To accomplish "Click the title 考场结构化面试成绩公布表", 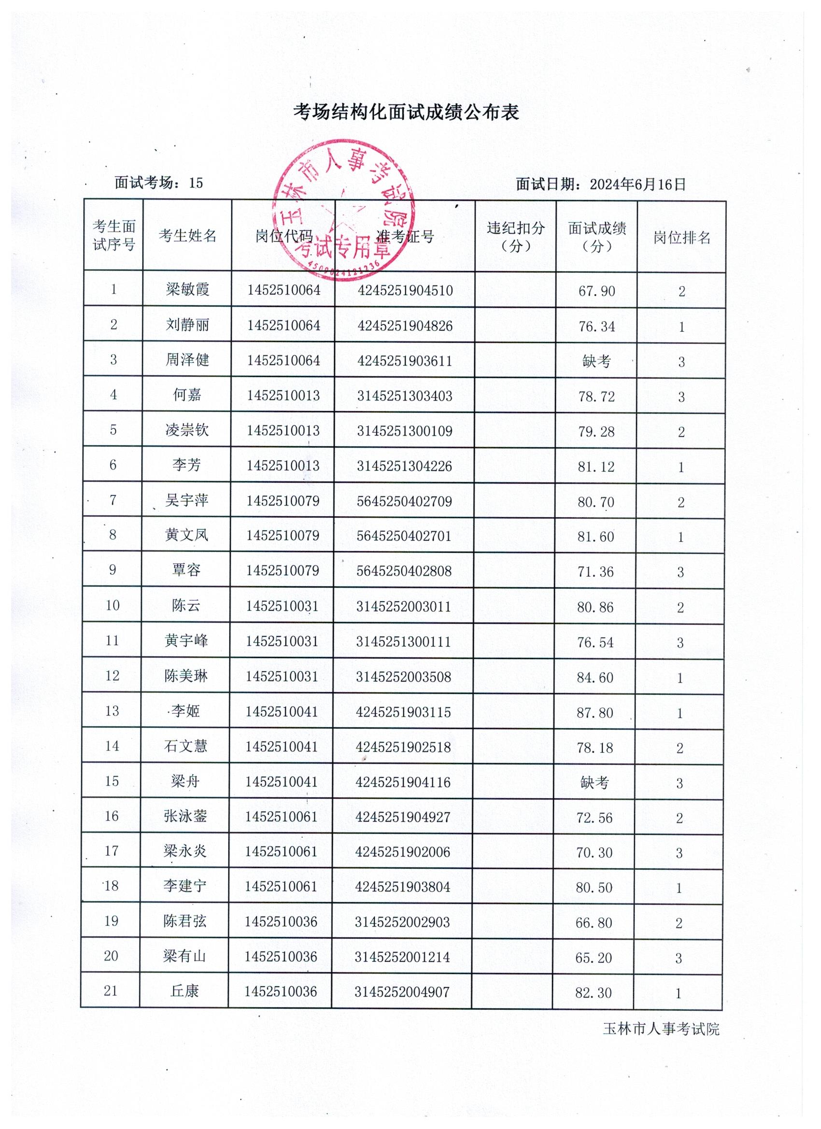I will (406, 113).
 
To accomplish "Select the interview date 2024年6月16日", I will (637, 184).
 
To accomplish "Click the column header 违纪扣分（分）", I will (515, 237).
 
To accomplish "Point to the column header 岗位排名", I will (681, 238).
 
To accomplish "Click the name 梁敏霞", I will (187, 289).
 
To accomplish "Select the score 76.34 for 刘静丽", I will (596, 326).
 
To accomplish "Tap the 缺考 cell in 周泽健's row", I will (596, 361).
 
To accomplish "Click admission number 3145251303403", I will (404, 396).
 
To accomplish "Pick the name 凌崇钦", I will (187, 430).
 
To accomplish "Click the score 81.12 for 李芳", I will (596, 467).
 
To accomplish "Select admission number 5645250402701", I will (404, 536).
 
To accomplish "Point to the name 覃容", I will (186, 570).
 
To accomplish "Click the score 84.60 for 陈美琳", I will (595, 677).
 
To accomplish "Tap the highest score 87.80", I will (595, 713).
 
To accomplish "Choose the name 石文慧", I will (185, 746).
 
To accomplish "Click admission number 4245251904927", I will (403, 817).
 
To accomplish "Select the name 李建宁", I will (184, 886).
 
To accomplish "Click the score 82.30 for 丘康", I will (594, 993).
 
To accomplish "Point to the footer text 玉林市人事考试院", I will (661, 1030).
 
